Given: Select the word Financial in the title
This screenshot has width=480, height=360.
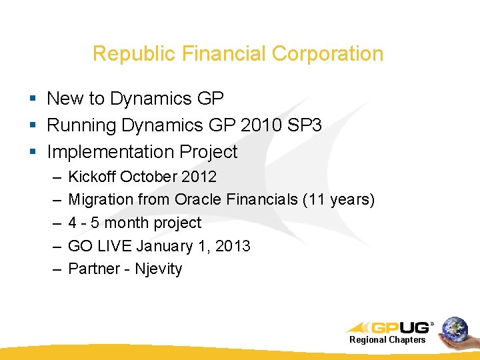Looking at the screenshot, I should click(x=217, y=54).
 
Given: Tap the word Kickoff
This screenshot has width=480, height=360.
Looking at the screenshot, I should click(x=92, y=177).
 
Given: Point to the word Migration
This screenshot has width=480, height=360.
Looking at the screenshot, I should click(x=101, y=199).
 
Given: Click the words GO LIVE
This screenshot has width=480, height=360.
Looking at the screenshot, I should click(x=100, y=246).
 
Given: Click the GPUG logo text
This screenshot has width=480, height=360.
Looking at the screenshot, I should click(x=399, y=327).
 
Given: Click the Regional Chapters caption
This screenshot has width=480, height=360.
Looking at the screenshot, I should click(x=387, y=340).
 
